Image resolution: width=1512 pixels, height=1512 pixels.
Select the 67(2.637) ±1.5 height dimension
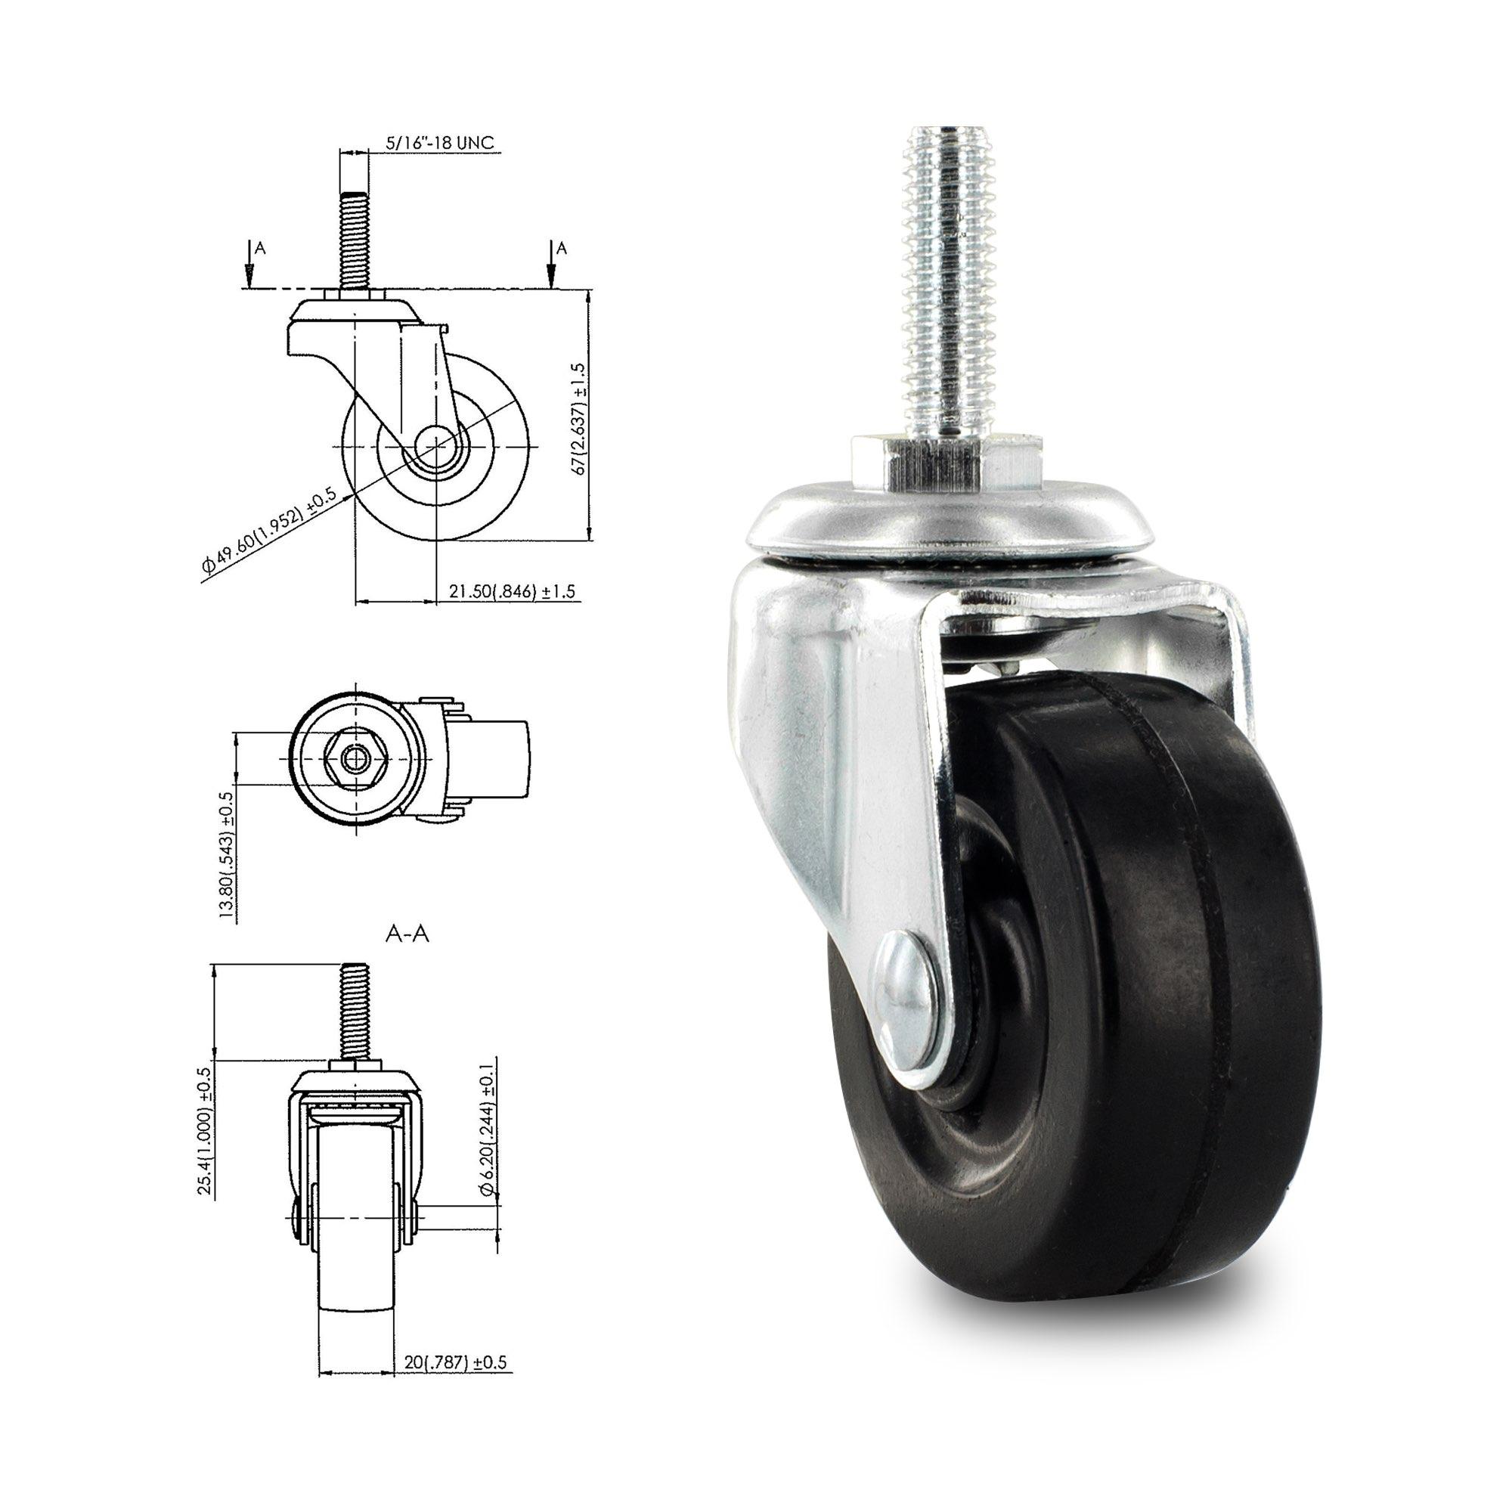pos(580,420)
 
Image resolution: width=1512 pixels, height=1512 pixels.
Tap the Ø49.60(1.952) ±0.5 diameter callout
pos(268,535)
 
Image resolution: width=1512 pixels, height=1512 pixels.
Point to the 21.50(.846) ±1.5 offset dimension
pos(511,592)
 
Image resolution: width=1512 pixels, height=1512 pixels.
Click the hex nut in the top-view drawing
pos(357,758)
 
